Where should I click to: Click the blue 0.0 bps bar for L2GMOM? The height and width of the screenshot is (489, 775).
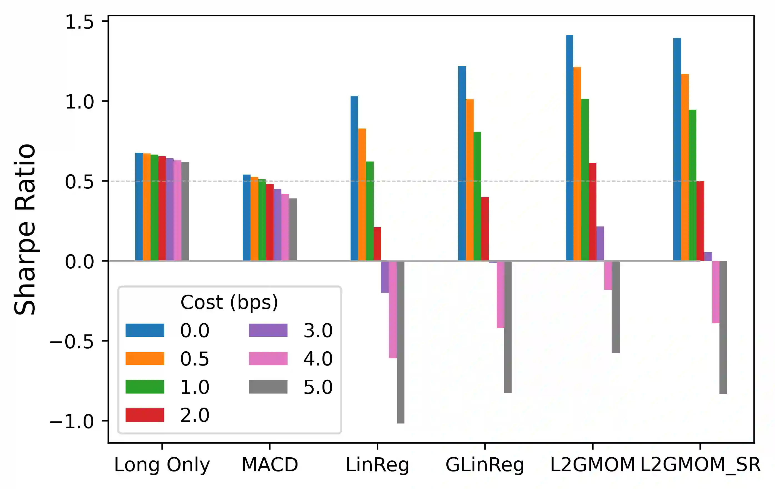[x=569, y=148]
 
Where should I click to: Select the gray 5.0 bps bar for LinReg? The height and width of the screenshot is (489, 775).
[x=400, y=342]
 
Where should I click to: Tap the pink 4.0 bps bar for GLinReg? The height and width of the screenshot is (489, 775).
[x=501, y=294]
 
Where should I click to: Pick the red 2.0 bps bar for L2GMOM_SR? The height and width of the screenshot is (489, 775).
[x=700, y=221]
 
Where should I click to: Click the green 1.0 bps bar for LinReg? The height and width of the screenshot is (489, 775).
[x=369, y=211]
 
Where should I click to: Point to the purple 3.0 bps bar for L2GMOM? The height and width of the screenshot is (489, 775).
[x=600, y=244]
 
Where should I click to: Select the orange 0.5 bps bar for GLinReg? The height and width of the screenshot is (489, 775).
[x=469, y=180]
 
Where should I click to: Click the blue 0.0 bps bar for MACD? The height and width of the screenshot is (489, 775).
[x=247, y=218]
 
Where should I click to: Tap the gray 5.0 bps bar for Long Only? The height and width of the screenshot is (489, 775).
[x=185, y=211]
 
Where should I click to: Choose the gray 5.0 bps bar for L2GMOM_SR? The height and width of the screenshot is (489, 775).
[x=723, y=327]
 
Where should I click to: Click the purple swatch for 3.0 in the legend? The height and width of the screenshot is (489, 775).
[x=268, y=330]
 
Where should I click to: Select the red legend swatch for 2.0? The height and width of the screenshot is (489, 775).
[x=144, y=415]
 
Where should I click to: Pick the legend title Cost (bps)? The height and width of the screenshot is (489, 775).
[x=229, y=302]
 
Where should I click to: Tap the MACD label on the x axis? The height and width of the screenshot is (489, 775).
[x=270, y=465]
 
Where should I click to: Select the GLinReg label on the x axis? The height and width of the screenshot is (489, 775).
[x=485, y=465]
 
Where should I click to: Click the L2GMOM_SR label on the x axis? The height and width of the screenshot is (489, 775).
[x=700, y=465]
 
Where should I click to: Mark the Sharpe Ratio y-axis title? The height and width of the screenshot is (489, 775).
[x=25, y=229]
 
